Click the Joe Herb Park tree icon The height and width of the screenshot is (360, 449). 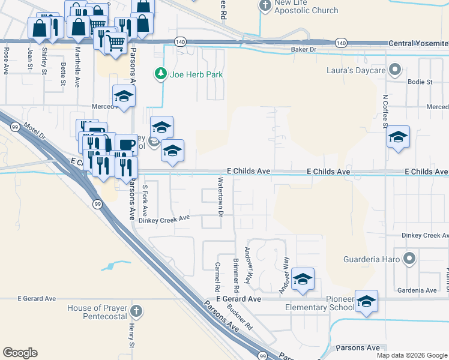(x=160, y=74)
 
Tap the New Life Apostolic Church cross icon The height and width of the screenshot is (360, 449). (x=265, y=6)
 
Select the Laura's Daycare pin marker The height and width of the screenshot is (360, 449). (x=395, y=71)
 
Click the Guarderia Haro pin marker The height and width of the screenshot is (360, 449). (x=409, y=259)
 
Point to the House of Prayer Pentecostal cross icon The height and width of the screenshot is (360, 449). (x=136, y=311)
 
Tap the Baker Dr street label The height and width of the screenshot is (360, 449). (x=303, y=49)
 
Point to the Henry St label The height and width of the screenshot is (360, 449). (x=131, y=336)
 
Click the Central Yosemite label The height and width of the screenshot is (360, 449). (x=418, y=43)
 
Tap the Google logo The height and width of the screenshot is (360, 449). (x=20, y=353)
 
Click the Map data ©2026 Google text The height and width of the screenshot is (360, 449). (x=412, y=355)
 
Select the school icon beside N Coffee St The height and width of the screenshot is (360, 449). (x=398, y=137)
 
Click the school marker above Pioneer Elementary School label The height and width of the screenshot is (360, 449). (x=366, y=301)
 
